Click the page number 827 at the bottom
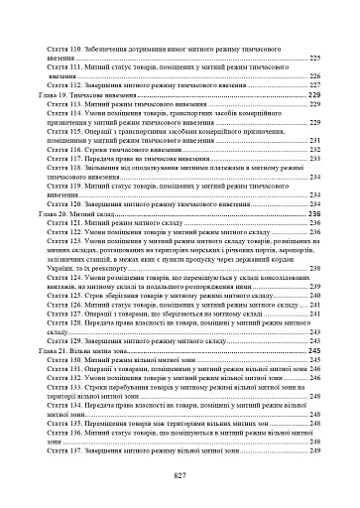pos(180,476)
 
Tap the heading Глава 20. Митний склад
pos(86,213)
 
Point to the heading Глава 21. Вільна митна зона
pos(92,350)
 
